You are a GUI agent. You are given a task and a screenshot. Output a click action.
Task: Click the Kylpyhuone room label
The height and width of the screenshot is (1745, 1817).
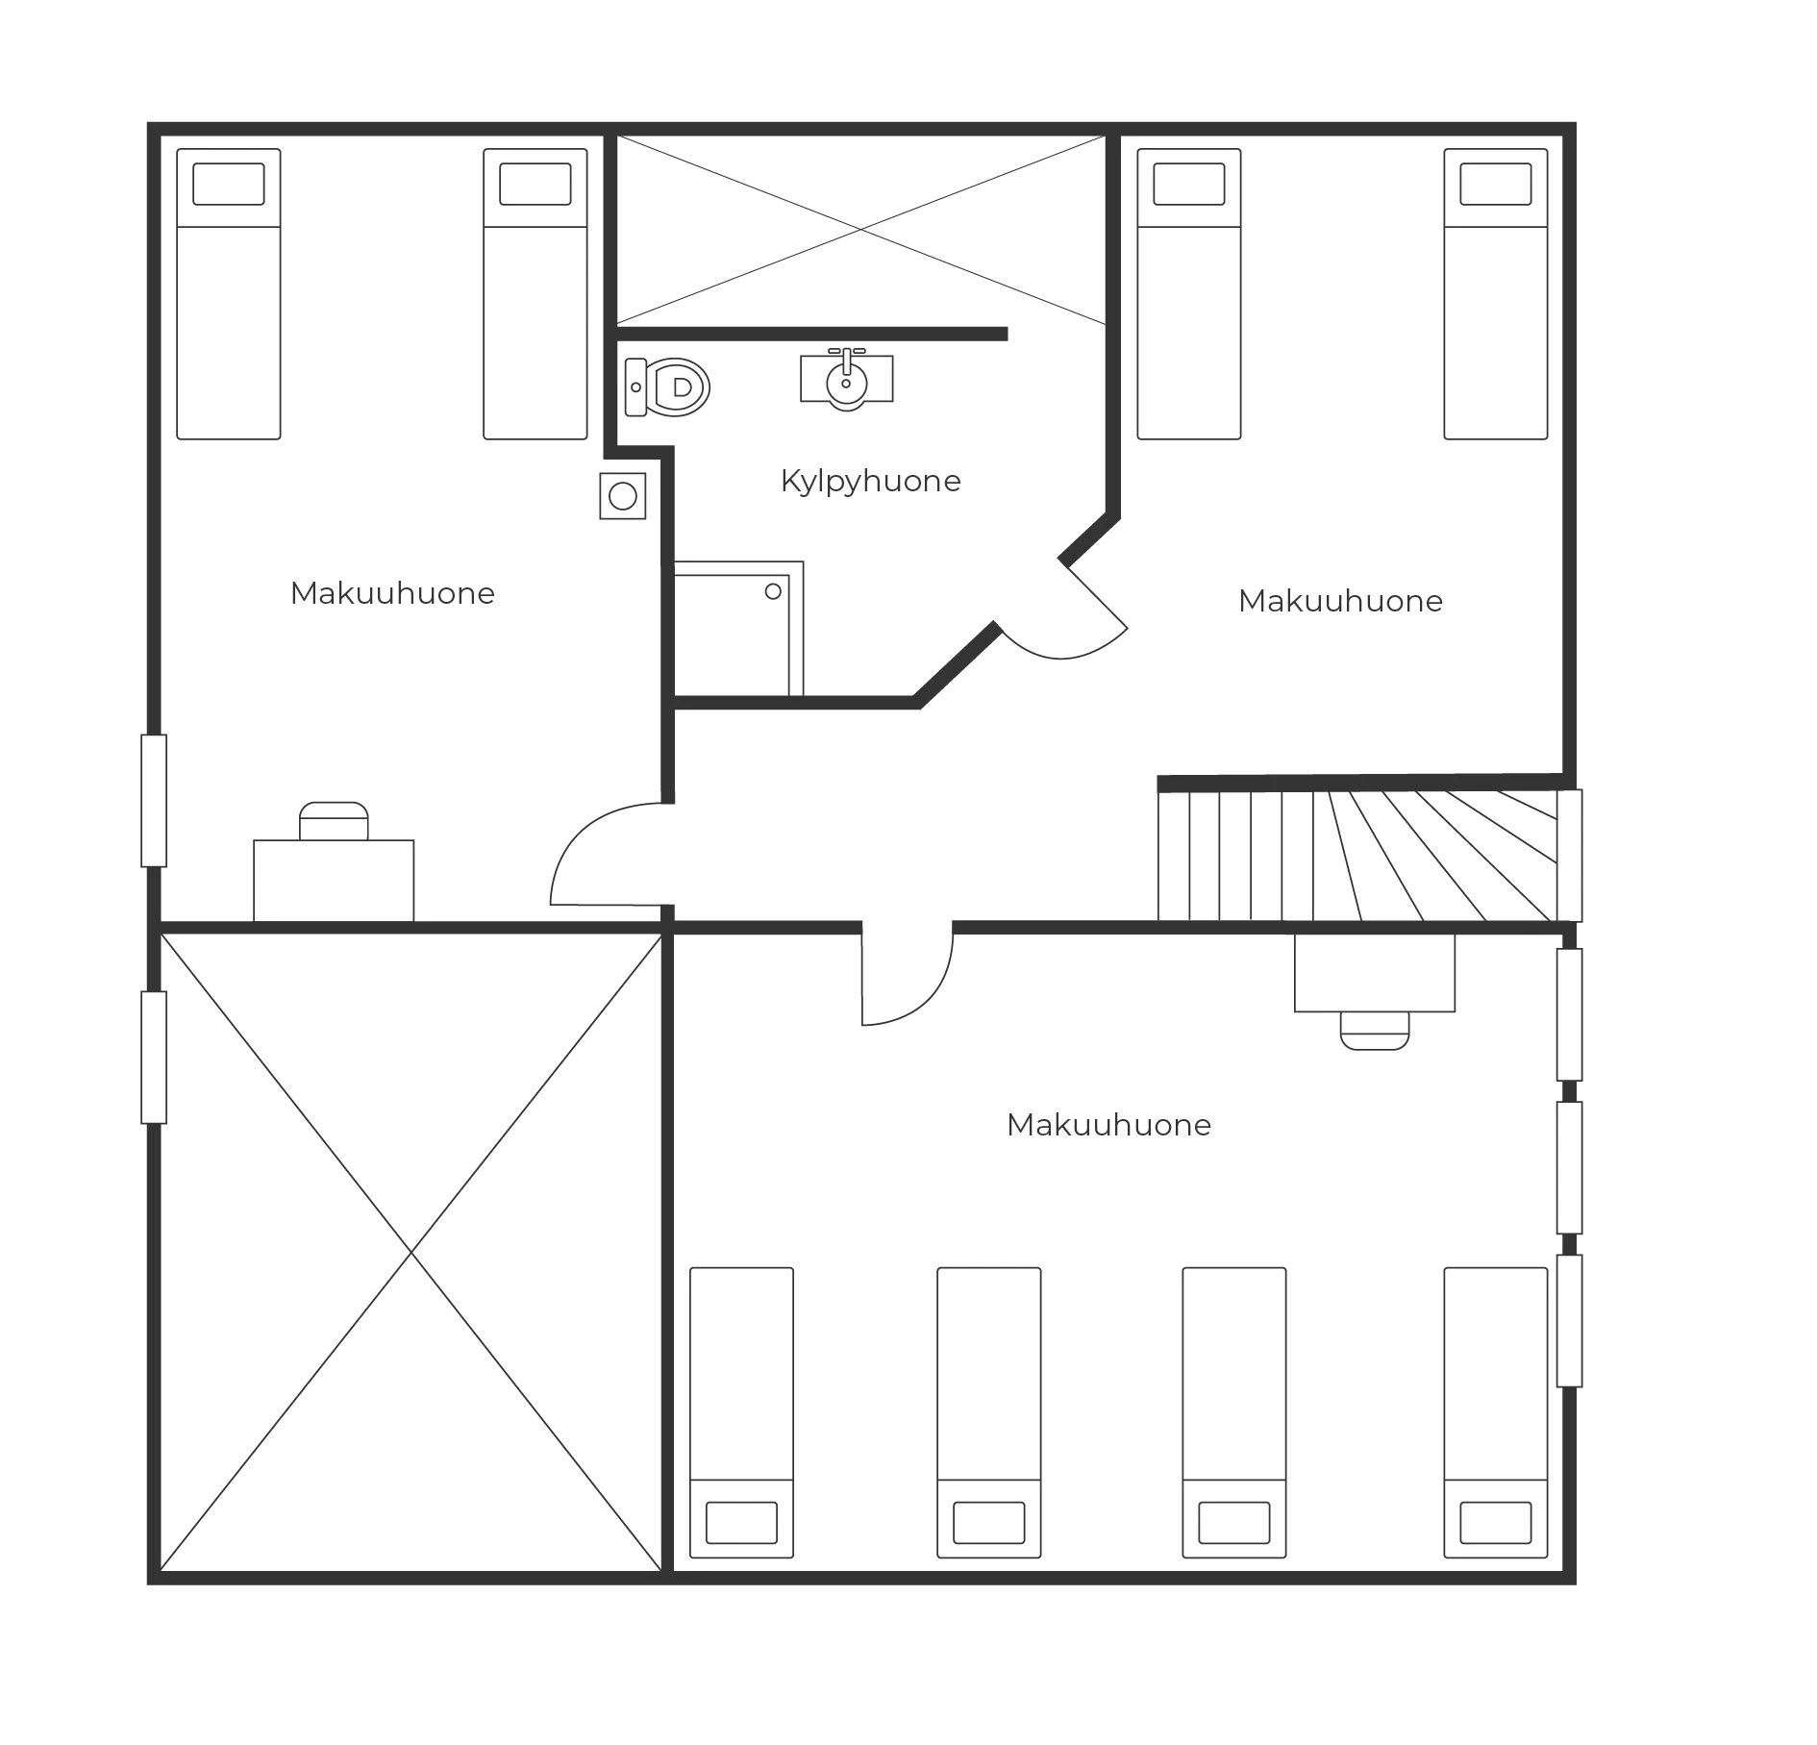coord(870,481)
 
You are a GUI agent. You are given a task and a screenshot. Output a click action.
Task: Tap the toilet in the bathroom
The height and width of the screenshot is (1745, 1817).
coord(666,387)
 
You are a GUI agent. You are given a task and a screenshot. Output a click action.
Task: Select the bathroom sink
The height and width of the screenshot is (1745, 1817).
coord(846,379)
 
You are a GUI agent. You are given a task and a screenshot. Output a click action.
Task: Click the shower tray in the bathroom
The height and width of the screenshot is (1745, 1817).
coord(738,629)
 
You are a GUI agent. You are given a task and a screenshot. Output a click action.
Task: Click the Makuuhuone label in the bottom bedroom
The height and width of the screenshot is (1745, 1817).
coord(1108,1125)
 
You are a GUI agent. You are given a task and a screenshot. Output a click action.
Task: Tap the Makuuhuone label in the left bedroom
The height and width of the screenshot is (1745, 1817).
coord(392,593)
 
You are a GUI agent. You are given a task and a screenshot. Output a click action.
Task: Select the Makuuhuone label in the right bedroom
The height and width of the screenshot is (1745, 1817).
coord(1340,601)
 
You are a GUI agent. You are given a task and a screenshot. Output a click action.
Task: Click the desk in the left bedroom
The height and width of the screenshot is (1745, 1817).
coord(334,881)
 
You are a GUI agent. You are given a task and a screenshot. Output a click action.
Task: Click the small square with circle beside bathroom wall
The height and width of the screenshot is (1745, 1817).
coord(623,496)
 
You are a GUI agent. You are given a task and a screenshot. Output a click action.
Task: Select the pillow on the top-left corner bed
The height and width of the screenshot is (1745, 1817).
coord(229,184)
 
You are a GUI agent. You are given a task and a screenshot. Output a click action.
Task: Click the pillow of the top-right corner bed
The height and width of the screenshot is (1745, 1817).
coord(1496,184)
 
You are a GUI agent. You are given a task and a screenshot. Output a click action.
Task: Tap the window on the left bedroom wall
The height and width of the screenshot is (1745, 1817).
coord(154,801)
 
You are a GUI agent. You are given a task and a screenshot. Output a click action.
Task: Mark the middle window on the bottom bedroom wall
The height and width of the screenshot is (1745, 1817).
coord(1569,1168)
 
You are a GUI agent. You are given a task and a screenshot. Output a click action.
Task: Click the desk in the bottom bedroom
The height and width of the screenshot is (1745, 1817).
coord(1375,972)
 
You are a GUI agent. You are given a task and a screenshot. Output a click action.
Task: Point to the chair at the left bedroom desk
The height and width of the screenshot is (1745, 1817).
coord(334,821)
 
